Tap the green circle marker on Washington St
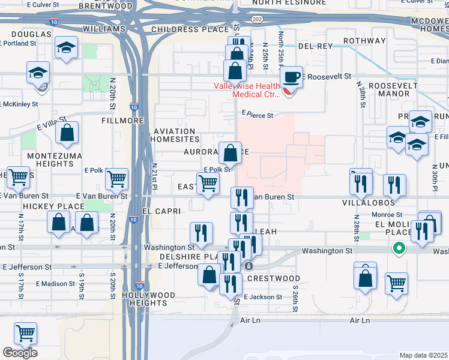397,247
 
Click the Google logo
20,353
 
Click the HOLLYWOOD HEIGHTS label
148,299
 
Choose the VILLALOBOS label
372,203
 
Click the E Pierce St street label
258,115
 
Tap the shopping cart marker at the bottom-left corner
25,333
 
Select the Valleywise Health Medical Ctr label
247,90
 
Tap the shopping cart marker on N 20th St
116,178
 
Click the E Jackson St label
263,297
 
